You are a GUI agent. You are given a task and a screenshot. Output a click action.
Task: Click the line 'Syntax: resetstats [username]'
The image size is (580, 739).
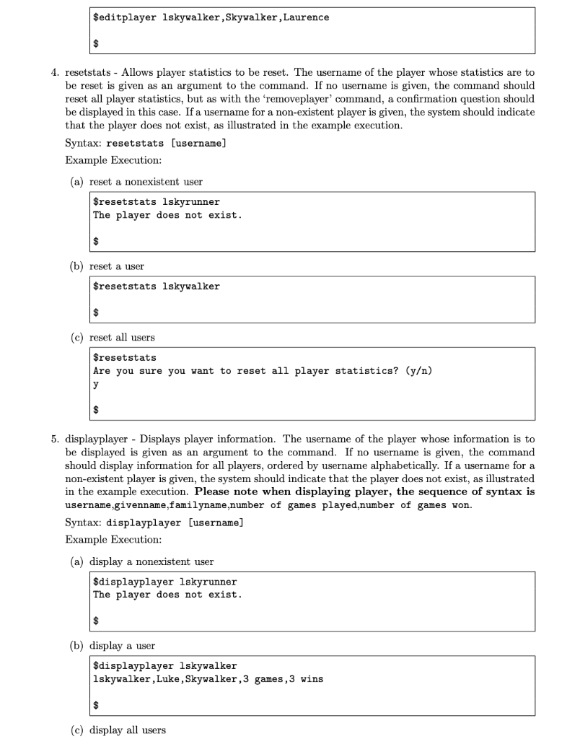click(146, 143)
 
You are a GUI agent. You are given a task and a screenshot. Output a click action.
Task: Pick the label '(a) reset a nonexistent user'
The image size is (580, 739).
click(136, 181)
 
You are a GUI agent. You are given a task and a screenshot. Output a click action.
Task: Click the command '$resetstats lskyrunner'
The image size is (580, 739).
click(157, 202)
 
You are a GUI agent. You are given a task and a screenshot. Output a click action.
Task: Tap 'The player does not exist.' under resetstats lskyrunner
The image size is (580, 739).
click(167, 215)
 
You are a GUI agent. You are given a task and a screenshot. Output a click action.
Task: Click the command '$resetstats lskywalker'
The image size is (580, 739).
click(157, 287)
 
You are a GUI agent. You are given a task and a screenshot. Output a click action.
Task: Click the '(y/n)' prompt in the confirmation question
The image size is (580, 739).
click(415, 371)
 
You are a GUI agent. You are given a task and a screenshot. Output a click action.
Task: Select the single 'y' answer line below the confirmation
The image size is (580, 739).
click(96, 385)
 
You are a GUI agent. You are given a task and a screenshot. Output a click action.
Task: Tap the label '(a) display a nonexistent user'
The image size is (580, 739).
click(141, 561)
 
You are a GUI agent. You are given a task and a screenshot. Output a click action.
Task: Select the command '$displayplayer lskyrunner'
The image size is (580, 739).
click(165, 582)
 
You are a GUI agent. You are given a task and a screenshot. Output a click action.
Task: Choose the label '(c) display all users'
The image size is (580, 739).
click(117, 730)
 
